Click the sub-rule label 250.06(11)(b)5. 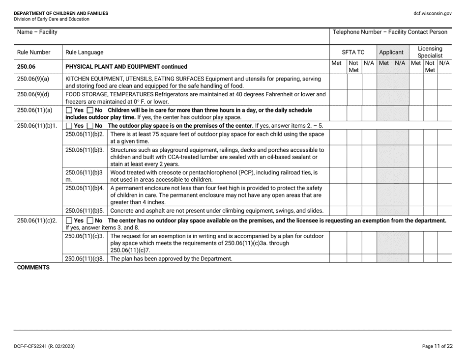[85, 211]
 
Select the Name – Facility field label [37, 32]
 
